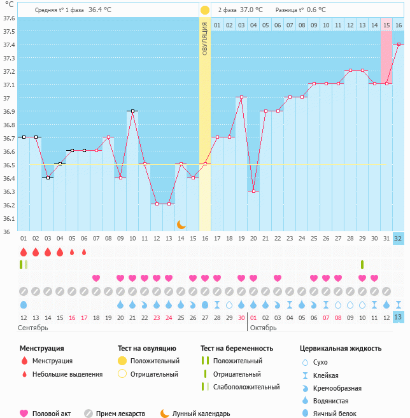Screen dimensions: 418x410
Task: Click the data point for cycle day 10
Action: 132,111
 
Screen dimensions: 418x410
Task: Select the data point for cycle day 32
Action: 399,44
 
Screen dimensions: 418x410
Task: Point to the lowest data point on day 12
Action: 157,204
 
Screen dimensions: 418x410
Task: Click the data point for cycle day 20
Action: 253,191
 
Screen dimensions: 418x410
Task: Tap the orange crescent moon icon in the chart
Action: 181,224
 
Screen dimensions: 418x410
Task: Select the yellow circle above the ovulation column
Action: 205,10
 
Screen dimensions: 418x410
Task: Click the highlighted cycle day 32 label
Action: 399,239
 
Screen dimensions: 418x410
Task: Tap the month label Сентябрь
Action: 32,327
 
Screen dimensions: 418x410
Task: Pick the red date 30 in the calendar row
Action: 241,317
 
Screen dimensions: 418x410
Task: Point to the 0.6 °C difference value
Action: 316,10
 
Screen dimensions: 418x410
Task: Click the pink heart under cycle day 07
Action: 96,278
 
